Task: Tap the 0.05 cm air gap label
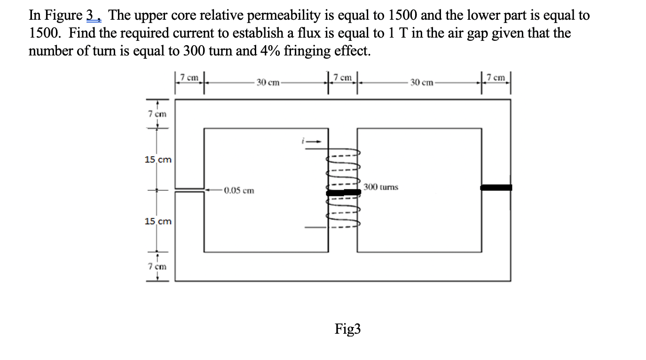click(x=239, y=191)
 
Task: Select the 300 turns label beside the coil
click(x=380, y=187)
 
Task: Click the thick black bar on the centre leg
click(x=343, y=193)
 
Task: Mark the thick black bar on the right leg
click(x=496, y=188)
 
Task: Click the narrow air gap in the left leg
click(x=189, y=190)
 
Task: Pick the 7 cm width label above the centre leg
click(x=343, y=78)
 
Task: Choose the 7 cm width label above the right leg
click(x=496, y=78)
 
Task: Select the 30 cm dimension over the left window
click(x=268, y=83)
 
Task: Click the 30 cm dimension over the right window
click(x=421, y=83)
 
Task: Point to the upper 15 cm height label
click(x=158, y=160)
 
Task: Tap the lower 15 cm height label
click(x=158, y=221)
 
